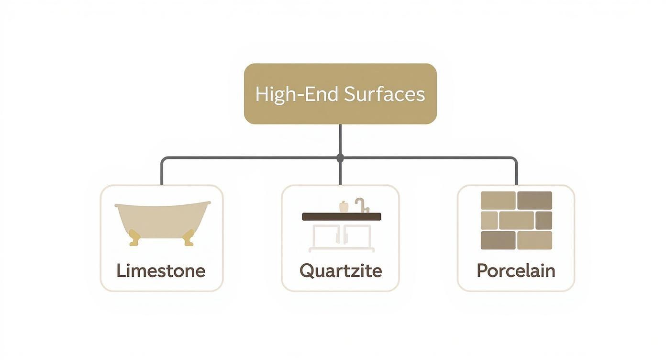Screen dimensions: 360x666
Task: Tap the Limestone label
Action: (x=161, y=270)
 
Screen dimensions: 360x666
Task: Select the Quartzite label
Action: (x=341, y=270)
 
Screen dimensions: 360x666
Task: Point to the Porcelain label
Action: (x=516, y=270)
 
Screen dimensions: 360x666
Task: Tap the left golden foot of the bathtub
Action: (x=134, y=238)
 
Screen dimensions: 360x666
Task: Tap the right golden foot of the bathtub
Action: (x=189, y=238)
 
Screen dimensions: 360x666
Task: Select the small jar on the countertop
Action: (x=343, y=207)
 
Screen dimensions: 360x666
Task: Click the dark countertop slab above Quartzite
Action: (x=342, y=216)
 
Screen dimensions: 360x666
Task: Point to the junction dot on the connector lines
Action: (x=340, y=157)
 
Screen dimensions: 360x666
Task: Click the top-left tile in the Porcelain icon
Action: (x=498, y=200)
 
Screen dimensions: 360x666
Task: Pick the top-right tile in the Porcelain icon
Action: (x=534, y=200)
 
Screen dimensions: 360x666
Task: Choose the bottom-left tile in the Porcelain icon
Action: (x=498, y=240)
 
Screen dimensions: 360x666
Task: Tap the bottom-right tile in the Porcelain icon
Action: (x=534, y=240)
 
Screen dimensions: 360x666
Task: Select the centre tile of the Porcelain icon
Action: (x=516, y=220)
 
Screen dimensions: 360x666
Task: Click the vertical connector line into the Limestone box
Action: (x=162, y=172)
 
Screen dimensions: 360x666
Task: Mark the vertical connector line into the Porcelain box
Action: (x=517, y=172)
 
